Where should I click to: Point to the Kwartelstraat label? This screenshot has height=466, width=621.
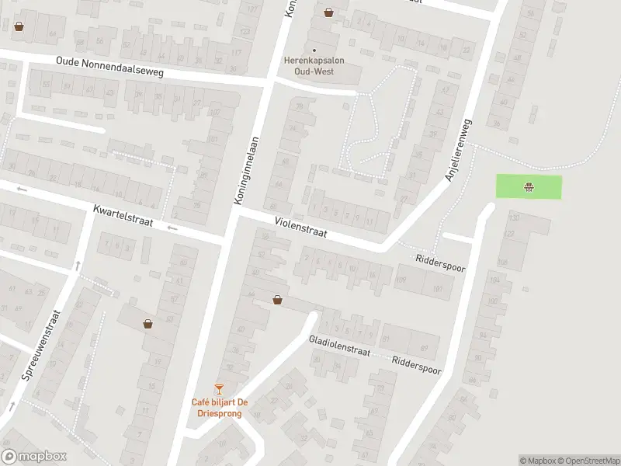pyautogui.click(x=123, y=217)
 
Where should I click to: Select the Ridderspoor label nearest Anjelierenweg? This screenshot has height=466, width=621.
pyautogui.click(x=439, y=263)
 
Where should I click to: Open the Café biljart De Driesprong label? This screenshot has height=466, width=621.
pyautogui.click(x=220, y=408)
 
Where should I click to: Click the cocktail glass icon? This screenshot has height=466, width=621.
pyautogui.click(x=220, y=388)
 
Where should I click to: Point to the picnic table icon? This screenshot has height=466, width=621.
pyautogui.click(x=529, y=186)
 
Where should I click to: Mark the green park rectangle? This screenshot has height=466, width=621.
pyautogui.click(x=543, y=187)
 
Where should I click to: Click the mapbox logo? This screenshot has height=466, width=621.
pyautogui.click(x=34, y=457)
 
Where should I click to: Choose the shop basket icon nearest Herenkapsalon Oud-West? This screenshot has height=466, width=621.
pyautogui.click(x=329, y=12)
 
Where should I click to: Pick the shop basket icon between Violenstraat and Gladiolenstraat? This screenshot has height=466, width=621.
pyautogui.click(x=277, y=299)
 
